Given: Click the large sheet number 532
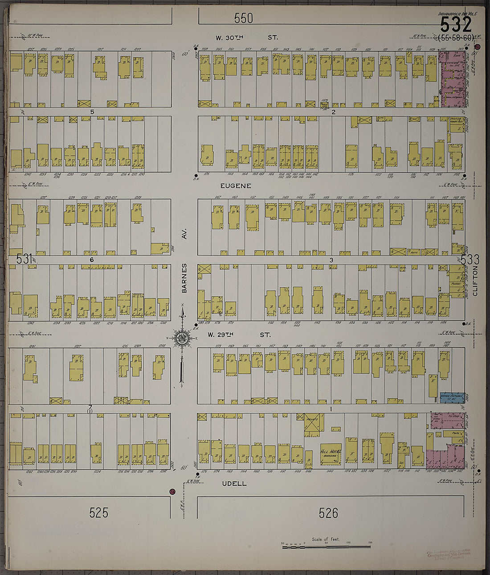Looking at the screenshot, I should pos(455,25).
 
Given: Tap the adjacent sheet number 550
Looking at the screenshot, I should pos(243,18).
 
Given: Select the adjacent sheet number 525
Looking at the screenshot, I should pos(98,513).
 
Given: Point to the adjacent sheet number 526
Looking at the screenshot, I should pos(328,513).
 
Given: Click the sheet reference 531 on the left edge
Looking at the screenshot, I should pos(24,259).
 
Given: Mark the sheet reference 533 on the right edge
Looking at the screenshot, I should pos(470,260).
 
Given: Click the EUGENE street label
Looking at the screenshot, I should pos(236,186).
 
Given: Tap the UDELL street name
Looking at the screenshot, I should pos(234,484).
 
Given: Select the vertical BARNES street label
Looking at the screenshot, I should pos(184,278).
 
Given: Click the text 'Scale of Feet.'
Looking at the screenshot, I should pos(326,539).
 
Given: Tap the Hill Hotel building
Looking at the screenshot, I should pos(331,454).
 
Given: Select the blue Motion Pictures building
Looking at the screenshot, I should pos(452,397).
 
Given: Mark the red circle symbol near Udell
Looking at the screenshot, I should pos(172,492).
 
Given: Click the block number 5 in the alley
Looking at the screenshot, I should pos(92,112).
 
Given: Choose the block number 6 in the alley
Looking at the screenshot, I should pos(91,260).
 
